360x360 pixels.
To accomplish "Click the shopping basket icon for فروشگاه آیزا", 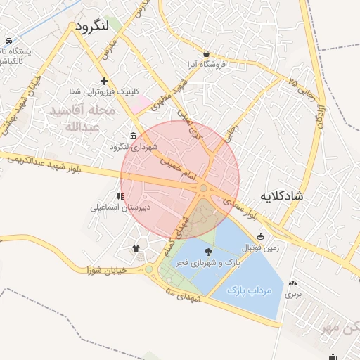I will pyautogui.click(x=205, y=53).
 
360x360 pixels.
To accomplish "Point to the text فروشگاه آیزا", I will pyautogui.click(x=205, y=65).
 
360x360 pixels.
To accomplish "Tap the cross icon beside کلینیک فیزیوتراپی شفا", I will pyautogui.click(x=105, y=81).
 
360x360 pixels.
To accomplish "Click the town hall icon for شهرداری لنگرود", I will pyautogui.click(x=134, y=136).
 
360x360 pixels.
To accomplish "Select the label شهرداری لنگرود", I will pyautogui.click(x=134, y=147).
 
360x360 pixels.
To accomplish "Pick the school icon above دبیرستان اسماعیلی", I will pyautogui.click(x=121, y=196).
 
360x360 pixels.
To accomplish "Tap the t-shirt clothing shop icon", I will pyautogui.click(x=136, y=248).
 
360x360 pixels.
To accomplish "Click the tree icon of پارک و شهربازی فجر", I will pyautogui.click(x=208, y=251).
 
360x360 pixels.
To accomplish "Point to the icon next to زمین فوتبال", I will pyautogui.click(x=261, y=236).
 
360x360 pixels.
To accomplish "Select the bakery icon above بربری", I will pyautogui.click(x=291, y=284).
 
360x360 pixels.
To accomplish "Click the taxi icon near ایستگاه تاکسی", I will pyautogui.click(x=8, y=41).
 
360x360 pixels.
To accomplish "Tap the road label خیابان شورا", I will pyautogui.click(x=106, y=270).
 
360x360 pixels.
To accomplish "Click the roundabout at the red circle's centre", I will pyautogui.click(x=203, y=188).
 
